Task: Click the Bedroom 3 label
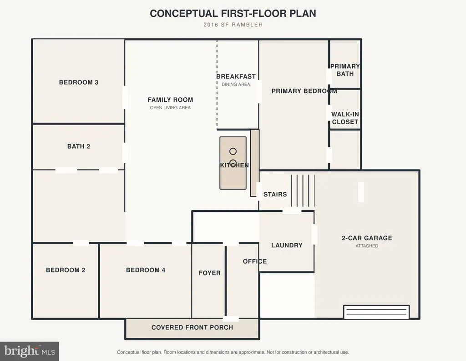tap(78, 82)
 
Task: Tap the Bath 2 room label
tap(78, 146)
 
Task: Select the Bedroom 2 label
tap(66, 270)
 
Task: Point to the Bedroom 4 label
tap(146, 270)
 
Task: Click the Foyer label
tap(209, 273)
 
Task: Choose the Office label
tap(255, 261)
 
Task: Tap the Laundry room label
tap(287, 245)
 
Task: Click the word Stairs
tap(275, 195)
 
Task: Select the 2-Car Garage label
tap(367, 238)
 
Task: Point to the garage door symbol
tap(376, 312)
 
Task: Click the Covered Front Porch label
tap(192, 327)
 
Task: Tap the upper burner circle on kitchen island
tap(233, 151)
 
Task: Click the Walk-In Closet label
tap(345, 118)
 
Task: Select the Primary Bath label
tap(345, 70)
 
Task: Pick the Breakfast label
tap(236, 76)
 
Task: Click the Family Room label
tap(170, 100)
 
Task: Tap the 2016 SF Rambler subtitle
tap(233, 25)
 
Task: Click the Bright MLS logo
tap(30, 351)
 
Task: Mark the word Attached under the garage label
tap(367, 246)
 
